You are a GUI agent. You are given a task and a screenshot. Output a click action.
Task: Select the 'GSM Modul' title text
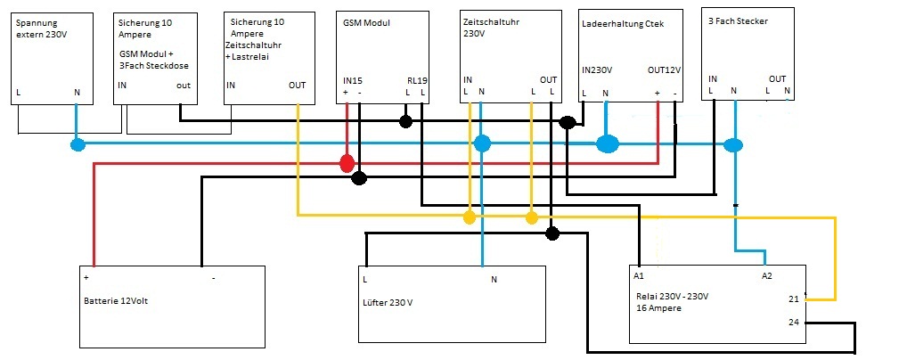tap(366, 22)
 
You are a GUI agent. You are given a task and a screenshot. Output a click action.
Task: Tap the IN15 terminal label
tap(353, 80)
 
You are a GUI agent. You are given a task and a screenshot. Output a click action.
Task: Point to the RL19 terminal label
tap(417, 80)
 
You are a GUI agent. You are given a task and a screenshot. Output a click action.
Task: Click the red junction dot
tap(346, 164)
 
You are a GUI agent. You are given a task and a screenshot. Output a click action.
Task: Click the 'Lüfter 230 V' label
tap(388, 303)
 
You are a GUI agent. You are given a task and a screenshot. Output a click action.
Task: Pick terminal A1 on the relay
tap(639, 276)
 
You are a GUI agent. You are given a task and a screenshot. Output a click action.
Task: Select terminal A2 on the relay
tap(766, 276)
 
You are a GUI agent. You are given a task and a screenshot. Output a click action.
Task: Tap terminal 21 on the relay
tap(794, 299)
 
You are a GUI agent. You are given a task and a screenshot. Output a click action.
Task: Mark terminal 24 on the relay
tap(794, 322)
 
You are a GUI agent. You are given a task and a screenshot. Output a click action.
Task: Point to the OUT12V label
tap(664, 70)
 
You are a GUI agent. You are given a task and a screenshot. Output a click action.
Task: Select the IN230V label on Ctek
tap(598, 70)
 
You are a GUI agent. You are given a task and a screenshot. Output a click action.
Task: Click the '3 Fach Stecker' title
tap(737, 20)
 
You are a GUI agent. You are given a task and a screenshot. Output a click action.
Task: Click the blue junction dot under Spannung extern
tap(78, 143)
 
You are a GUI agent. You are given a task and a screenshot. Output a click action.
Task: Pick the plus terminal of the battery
tap(86, 277)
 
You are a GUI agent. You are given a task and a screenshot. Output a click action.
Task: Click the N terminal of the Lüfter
tap(494, 279)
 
